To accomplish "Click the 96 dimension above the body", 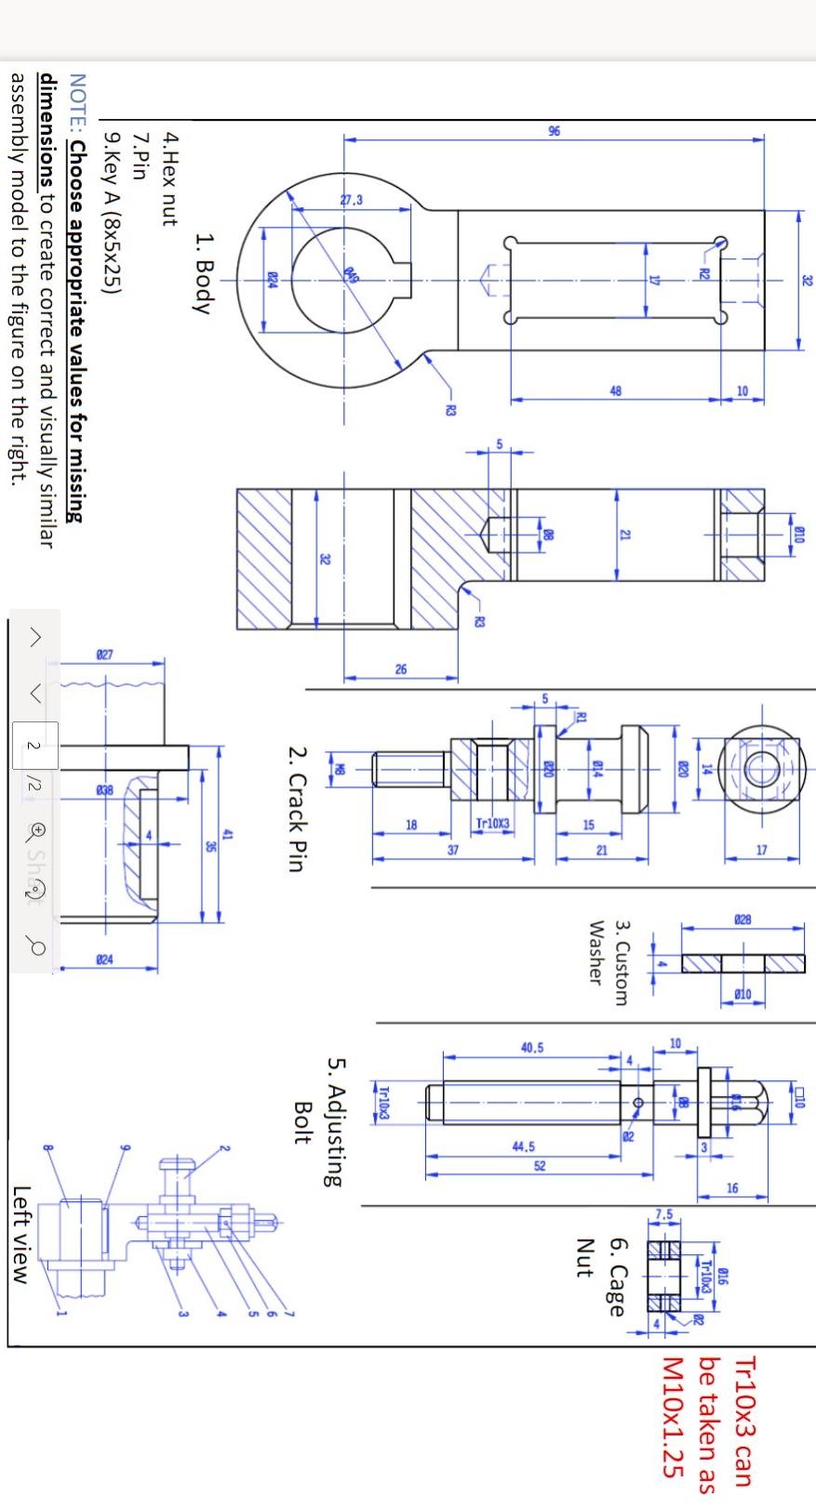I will pyautogui.click(x=555, y=131).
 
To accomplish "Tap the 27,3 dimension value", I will pyautogui.click(x=352, y=200).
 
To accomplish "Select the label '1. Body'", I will pyautogui.click(x=206, y=273).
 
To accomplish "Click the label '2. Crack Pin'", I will pyautogui.click(x=295, y=808).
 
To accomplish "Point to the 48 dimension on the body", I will pyautogui.click(x=616, y=391).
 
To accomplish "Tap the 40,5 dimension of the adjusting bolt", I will pyautogui.click(x=531, y=1048).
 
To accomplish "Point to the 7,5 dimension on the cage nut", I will pyautogui.click(x=663, y=1214).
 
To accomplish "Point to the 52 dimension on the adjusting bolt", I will pyautogui.click(x=540, y=1166).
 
